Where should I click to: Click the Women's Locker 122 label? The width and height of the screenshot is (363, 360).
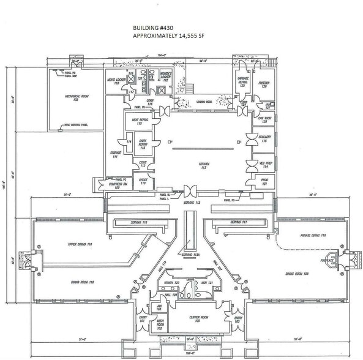(x=170, y=78)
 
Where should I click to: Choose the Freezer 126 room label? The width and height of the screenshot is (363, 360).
(x=263, y=85)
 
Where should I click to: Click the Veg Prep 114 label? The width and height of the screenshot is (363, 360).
(x=264, y=163)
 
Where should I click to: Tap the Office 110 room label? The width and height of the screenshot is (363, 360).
(x=143, y=181)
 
